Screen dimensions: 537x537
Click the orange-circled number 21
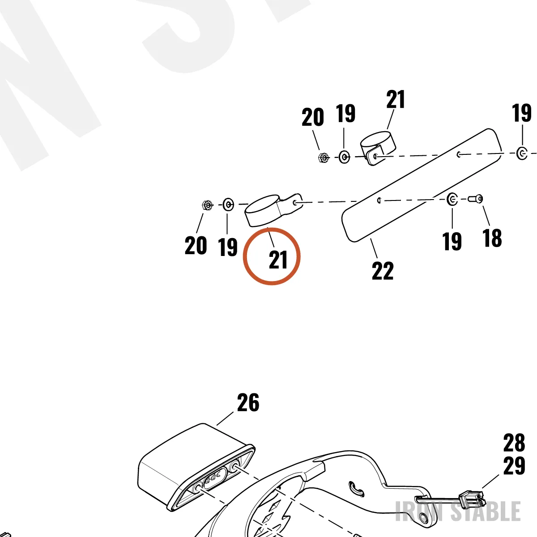click(278, 260)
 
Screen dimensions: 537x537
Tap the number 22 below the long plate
click(382, 271)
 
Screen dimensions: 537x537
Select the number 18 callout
click(492, 238)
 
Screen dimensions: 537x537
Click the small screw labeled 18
click(475, 199)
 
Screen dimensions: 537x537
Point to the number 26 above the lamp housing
click(248, 402)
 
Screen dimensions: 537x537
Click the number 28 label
click(514, 443)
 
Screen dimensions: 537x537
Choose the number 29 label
click(514, 465)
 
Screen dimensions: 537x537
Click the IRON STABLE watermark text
click(458, 511)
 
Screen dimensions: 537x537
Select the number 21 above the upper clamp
click(396, 99)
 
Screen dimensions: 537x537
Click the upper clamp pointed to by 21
click(378, 148)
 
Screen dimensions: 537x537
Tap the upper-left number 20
click(312, 117)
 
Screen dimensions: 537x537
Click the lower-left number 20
click(196, 245)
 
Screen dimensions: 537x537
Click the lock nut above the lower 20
click(207, 205)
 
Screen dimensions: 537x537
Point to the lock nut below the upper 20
click(323, 158)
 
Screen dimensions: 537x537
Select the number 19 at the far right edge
click(522, 113)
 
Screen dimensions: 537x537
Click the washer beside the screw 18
click(452, 200)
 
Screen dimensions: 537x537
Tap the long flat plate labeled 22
click(422, 184)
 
